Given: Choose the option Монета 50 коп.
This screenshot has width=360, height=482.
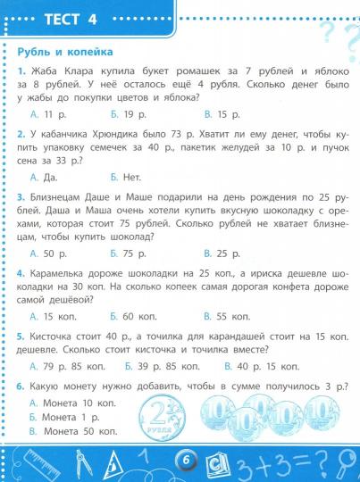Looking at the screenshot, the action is click(72, 431).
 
